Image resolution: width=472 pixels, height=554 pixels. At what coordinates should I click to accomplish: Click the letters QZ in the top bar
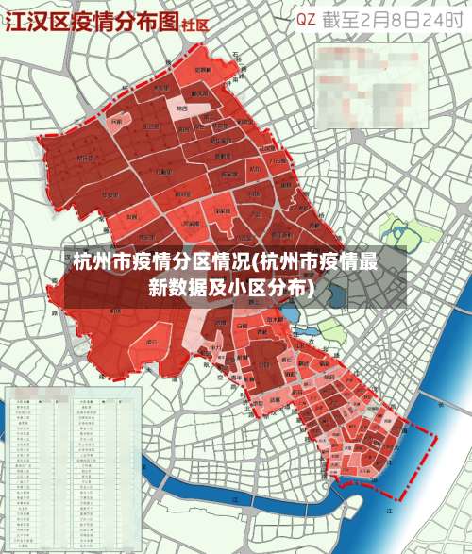click(x=307, y=19)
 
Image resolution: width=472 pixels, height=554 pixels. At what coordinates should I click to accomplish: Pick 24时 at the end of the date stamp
click(x=444, y=19)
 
